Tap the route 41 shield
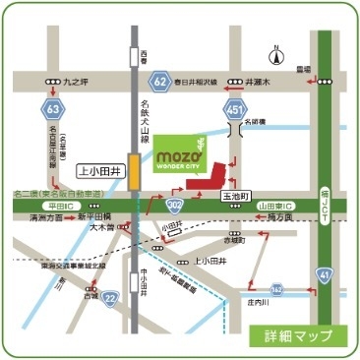tap(325, 278)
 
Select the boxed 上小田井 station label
tap(97, 171)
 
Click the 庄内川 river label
tap(259, 304)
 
